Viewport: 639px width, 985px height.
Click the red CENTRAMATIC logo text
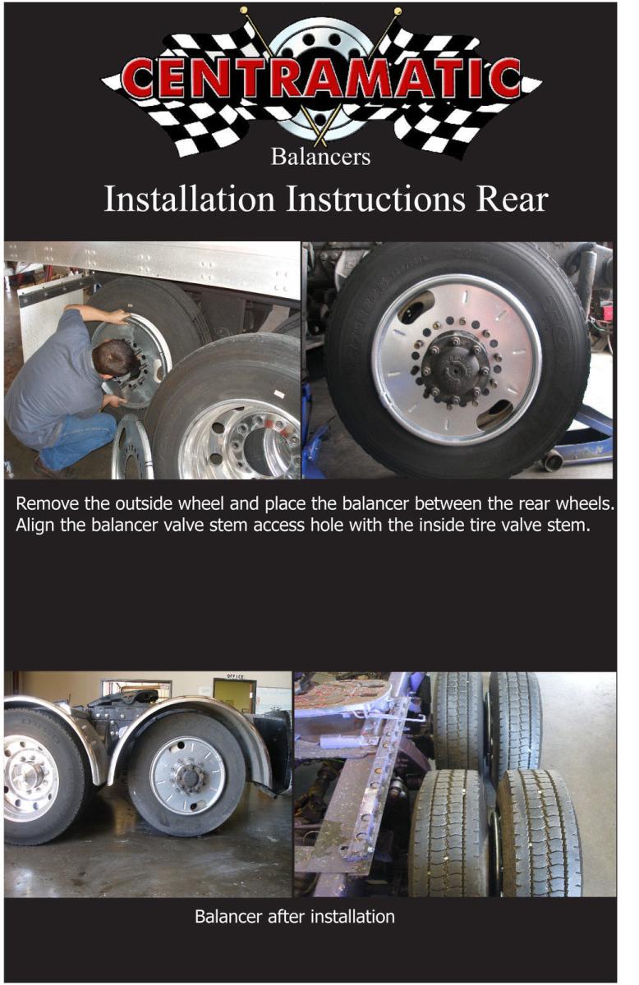321,79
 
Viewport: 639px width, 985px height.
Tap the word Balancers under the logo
320,157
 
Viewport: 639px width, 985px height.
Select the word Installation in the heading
190,199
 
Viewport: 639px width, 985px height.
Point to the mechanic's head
114,358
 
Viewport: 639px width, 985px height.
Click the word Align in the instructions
35,525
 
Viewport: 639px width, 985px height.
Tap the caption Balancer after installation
294,916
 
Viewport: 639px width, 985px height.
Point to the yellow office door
233,698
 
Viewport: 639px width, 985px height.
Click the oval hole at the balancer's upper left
415,306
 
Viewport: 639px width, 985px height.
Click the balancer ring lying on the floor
132,447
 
